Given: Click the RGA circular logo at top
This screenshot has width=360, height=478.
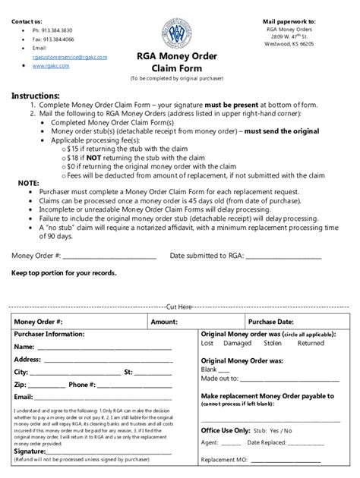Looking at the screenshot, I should (x=180, y=33).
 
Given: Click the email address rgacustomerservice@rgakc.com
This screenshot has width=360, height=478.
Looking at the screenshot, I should (x=64, y=57).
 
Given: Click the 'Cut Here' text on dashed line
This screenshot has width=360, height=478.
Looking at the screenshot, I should (x=179, y=307).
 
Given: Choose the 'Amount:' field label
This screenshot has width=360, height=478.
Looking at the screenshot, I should (x=164, y=322).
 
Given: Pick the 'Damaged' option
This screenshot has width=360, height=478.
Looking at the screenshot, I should (x=237, y=343).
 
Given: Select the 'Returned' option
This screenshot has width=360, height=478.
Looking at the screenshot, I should (x=311, y=343).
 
